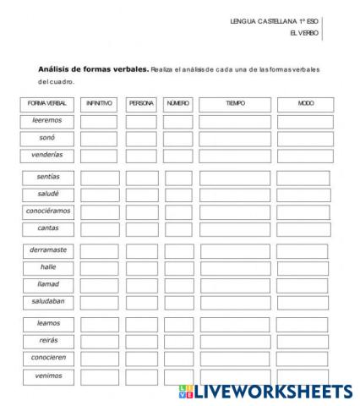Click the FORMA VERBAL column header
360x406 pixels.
tap(47, 103)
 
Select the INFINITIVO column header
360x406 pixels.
tap(100, 103)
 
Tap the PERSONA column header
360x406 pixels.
tap(141, 103)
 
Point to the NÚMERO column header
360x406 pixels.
tap(177, 103)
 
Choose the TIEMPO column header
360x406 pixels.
tap(235, 103)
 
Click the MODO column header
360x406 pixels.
tap(305, 103)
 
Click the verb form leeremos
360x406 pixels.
tap(47, 121)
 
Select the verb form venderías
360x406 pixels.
tap(47, 156)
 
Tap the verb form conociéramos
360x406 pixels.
tap(47, 211)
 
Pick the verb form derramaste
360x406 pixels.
tap(47, 250)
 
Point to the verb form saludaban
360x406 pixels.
tap(47, 301)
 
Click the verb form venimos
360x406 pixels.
tap(47, 375)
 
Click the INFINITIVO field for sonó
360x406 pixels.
tap(100, 138)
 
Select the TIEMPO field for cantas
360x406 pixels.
tap(235, 228)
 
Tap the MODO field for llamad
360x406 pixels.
tap(303, 285)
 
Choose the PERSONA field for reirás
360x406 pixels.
tap(142, 341)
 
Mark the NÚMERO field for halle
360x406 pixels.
tap(178, 268)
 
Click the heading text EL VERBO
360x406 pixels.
tap(303, 33)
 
